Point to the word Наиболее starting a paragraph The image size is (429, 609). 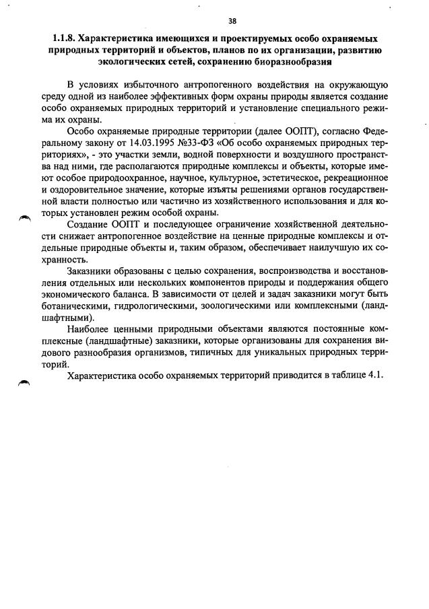click(x=89, y=330)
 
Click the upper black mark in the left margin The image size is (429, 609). click(x=25, y=217)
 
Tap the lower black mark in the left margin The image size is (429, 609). click(x=25, y=382)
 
